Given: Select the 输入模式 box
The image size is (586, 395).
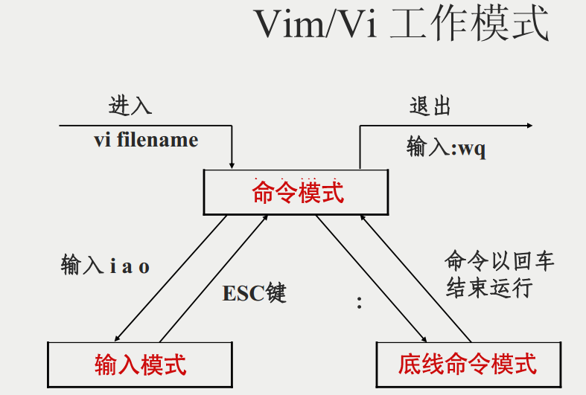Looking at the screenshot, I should (140, 364).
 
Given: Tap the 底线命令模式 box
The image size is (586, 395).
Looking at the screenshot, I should (467, 364).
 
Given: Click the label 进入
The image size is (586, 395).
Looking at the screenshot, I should (130, 106).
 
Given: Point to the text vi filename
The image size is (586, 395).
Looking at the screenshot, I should (146, 140).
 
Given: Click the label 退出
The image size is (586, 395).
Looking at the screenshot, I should (430, 106).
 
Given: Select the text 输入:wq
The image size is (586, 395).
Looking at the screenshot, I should (446, 147).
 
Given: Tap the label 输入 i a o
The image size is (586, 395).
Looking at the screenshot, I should (105, 266).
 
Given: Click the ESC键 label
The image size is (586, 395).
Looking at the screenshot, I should (254, 293).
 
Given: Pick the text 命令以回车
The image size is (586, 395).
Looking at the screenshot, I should (500, 260).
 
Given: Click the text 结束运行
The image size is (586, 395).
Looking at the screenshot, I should (489, 287).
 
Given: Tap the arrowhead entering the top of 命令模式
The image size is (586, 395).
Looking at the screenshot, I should (233, 164).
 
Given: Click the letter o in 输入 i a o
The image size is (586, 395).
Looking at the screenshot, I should (144, 267).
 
